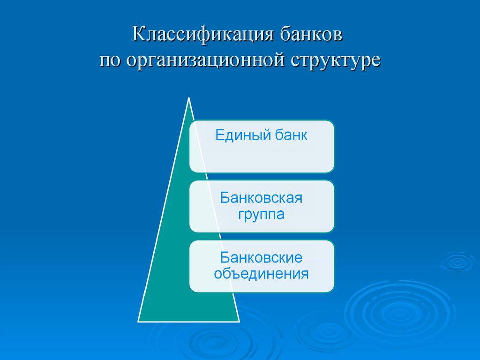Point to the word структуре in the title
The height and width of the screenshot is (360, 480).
click(x=335, y=61)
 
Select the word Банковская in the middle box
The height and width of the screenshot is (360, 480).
click(x=261, y=198)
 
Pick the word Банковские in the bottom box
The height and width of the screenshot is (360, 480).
click(x=261, y=257)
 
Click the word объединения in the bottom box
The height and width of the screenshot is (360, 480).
click(x=261, y=274)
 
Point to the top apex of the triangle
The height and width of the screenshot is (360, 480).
click(x=188, y=98)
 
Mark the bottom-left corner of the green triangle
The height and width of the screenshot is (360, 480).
click(x=138, y=322)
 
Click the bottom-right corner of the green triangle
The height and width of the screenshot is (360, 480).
click(x=240, y=322)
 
